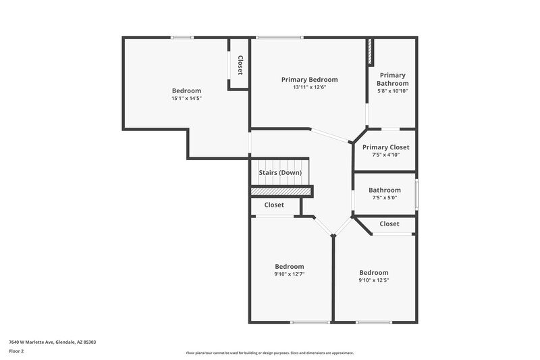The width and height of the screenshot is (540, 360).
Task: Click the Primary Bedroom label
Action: pyautogui.click(x=309, y=80)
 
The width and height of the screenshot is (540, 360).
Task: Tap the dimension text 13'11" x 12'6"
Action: pyautogui.click(x=309, y=88)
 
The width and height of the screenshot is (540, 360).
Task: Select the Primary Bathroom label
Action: pyautogui.click(x=392, y=79)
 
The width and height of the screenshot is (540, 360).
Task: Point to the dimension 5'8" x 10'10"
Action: pyautogui.click(x=392, y=91)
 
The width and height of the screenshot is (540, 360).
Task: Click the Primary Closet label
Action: pyautogui.click(x=385, y=147)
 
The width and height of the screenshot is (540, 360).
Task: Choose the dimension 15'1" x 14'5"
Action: pyautogui.click(x=186, y=99)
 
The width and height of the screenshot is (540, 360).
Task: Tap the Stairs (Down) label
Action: pyautogui.click(x=280, y=172)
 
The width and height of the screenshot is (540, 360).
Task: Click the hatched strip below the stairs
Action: pyautogui.click(x=281, y=192)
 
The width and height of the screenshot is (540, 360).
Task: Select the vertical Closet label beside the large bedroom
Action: pyautogui.click(x=240, y=65)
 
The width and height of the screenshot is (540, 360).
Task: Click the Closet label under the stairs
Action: pyautogui.click(x=274, y=205)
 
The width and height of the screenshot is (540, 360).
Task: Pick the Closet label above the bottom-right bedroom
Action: pyautogui.click(x=389, y=224)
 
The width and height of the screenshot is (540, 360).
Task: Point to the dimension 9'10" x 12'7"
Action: pyautogui.click(x=289, y=274)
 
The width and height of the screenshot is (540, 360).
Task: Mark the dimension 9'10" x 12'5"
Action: pyautogui.click(x=373, y=280)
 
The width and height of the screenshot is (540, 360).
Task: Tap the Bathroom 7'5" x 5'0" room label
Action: pyautogui.click(x=385, y=190)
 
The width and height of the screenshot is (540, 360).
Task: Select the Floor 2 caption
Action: pyautogui.click(x=16, y=351)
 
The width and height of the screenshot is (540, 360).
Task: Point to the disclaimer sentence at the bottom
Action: pyautogui.click(x=270, y=353)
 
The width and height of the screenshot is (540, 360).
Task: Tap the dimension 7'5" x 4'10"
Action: pyautogui.click(x=385, y=155)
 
